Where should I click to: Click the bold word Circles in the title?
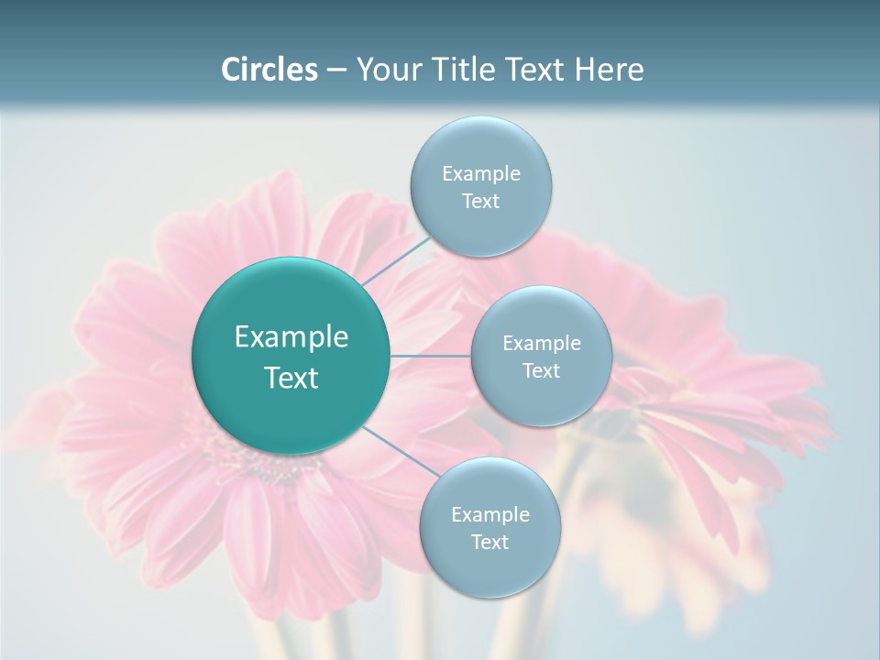(x=269, y=70)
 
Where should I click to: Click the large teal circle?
(x=291, y=412)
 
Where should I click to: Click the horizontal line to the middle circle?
(x=431, y=356)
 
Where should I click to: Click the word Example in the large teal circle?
(x=291, y=337)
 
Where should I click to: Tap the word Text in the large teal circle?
(x=291, y=378)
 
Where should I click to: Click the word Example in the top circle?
(x=481, y=174)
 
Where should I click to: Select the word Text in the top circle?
(x=481, y=202)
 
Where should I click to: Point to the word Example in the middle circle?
(x=542, y=344)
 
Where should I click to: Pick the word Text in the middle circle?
(x=542, y=371)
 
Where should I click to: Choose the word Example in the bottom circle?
(x=490, y=515)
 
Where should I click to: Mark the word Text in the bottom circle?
(x=490, y=543)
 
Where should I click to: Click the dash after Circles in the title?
(x=335, y=70)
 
